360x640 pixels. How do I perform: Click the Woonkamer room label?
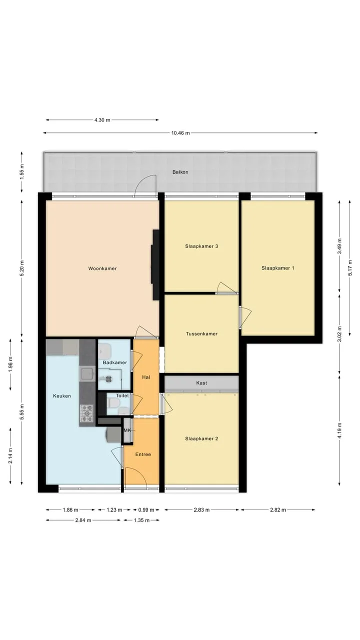pos(102,268)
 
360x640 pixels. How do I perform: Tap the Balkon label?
pos(180,172)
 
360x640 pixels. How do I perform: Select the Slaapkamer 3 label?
pos(201,246)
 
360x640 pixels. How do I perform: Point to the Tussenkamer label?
pos(201,333)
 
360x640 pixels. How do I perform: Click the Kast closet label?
pos(201,383)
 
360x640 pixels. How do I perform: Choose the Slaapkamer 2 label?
pos(201,438)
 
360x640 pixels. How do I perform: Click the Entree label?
pos(143,454)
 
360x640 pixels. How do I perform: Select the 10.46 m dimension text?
pos(180,133)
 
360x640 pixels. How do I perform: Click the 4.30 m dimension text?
pos(102,120)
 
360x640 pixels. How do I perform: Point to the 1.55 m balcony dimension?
pos(21,172)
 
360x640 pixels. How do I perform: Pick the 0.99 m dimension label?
pos(146,509)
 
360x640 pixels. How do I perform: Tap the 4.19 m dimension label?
pos(339,430)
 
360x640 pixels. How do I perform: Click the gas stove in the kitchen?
pos(86,413)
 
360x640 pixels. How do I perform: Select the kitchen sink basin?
pos(86,373)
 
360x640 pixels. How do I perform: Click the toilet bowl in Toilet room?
pos(113,403)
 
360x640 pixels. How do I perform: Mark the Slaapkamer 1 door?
pos(245,316)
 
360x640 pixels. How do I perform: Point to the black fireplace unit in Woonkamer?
pos(155,264)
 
